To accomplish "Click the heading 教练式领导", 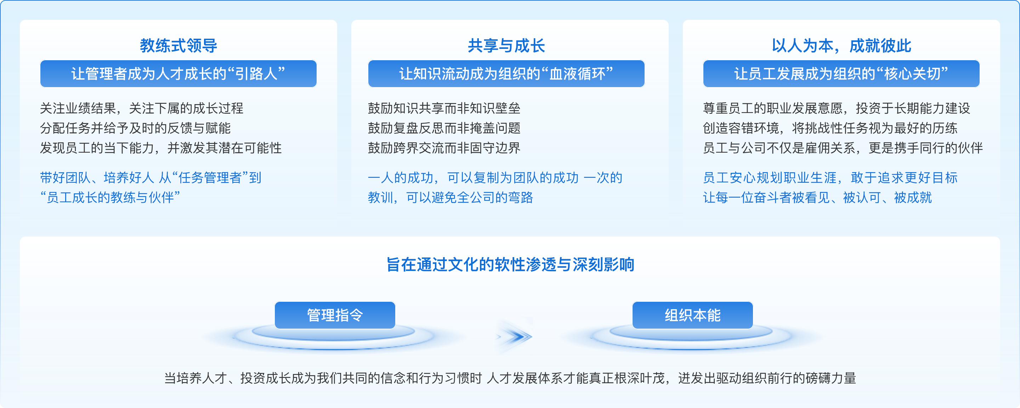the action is [x=178, y=46].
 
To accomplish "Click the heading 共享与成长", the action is [x=506, y=46].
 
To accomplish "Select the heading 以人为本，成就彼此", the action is [x=841, y=46].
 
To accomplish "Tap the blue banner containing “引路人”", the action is [x=178, y=74].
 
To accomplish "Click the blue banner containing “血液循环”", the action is [x=506, y=74].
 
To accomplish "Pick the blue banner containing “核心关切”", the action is [x=841, y=74].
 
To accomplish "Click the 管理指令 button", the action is [x=335, y=315].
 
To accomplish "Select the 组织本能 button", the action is [x=692, y=315].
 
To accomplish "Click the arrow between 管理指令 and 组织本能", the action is [x=515, y=337].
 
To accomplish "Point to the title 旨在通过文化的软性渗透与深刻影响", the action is [x=510, y=265].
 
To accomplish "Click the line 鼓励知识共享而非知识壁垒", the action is [x=444, y=108].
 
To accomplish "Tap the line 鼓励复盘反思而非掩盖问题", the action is [x=444, y=128].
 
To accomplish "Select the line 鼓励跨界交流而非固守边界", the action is [x=444, y=148].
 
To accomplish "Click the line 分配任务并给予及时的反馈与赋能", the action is [x=135, y=128].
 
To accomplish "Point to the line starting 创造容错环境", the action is [x=830, y=128].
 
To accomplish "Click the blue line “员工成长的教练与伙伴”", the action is [x=110, y=197].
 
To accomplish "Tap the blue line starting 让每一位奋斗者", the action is [x=817, y=197].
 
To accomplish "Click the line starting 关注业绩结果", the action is [x=142, y=108].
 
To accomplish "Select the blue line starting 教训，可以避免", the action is [x=450, y=197].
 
